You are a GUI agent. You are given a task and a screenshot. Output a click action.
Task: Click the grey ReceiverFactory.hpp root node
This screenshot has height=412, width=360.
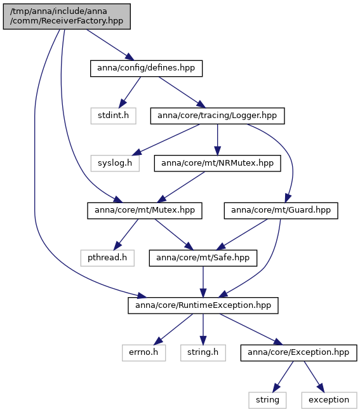pos(67,17)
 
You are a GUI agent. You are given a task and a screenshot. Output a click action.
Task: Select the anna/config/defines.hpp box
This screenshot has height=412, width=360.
pos(147,69)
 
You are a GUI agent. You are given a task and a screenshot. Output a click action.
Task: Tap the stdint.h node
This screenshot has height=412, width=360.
pos(113,116)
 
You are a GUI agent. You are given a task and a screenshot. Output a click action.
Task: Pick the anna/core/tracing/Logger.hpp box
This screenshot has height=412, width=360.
pos(217,116)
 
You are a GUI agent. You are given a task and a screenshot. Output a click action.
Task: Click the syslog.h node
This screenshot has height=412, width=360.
pos(115,163)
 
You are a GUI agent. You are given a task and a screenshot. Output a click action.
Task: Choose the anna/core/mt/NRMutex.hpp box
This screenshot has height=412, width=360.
pos(217,163)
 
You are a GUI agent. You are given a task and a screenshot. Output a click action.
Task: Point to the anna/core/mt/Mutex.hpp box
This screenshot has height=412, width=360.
pos(145,211)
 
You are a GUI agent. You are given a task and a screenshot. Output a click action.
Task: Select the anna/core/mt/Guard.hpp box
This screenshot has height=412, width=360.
pos(281,211)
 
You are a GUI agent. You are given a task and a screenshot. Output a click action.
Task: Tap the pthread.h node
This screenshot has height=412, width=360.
pos(107,258)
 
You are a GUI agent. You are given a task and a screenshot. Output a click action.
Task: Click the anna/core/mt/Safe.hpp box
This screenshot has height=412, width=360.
pos(203,258)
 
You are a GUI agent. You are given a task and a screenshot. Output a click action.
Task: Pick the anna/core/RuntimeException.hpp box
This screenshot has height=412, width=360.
pos(203,305)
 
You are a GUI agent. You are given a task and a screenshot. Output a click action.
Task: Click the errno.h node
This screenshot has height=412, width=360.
pos(143,352)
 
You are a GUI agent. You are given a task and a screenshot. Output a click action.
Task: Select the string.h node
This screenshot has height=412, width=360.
pos(203,352)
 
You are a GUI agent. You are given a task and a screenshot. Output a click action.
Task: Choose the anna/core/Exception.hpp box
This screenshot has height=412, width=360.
pos(298,352)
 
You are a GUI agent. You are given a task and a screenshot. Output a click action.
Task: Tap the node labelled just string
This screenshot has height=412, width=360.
pos(267,400)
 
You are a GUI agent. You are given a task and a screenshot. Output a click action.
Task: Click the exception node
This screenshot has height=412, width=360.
pos(329,400)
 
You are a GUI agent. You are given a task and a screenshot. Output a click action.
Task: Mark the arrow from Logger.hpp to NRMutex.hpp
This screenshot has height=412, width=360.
pos(217,140)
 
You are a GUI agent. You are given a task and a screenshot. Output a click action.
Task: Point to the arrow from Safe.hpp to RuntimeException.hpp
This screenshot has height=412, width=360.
pos(203,282)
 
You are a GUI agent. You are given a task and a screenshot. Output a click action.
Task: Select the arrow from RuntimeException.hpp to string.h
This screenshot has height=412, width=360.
pos(203,329)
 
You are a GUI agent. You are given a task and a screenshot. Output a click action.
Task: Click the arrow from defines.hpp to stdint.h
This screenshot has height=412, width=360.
pos(130,92)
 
